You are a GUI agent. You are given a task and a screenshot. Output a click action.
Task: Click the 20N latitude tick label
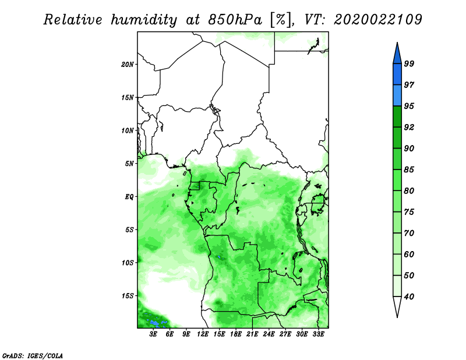pos(127,64)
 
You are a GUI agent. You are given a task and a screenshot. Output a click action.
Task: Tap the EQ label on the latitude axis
pos(129,196)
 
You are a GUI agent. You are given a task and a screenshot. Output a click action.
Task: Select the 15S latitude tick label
pos(127,296)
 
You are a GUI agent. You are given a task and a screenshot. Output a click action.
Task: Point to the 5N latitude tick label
pos(129,164)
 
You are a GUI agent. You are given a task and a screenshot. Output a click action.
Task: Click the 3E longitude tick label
pos(153,334)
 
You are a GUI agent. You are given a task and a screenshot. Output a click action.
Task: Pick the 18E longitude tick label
pos(236,334)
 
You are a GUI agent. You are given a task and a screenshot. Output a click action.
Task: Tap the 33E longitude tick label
pos(318,334)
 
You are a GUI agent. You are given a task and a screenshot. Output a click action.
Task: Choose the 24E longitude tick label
pos(269,334)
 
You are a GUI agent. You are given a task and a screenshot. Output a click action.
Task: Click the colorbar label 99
pos(409,63)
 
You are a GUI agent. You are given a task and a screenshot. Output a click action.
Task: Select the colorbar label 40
pos(409,297)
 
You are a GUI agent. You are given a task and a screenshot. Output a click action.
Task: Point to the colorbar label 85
pos(409,170)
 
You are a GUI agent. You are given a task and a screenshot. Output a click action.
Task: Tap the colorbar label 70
pos(409,233)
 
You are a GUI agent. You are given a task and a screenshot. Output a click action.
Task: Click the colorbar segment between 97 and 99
pos(397,75)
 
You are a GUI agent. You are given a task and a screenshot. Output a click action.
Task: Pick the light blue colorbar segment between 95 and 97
pos(397,96)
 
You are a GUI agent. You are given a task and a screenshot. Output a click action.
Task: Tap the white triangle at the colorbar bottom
pos(397,306)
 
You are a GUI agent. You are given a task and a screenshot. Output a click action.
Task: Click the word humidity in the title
pos(144,20)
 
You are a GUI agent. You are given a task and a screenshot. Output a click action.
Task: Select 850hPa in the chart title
pos(235,20)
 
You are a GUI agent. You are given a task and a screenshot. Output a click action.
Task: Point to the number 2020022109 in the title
pos(377,20)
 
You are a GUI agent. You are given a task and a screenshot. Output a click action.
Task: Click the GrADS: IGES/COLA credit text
pos(33,355)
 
